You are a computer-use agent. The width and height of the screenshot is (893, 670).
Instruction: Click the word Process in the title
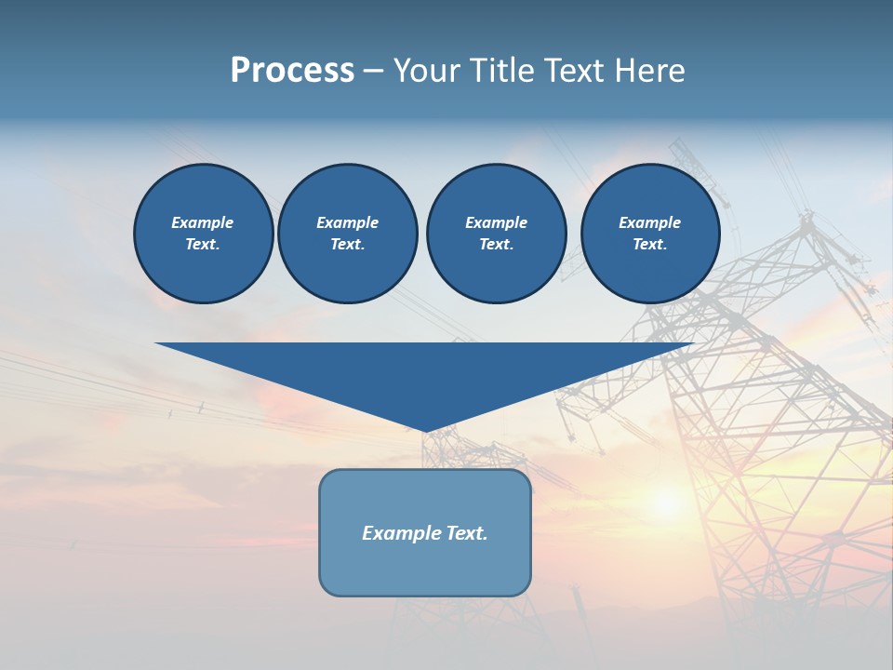292,71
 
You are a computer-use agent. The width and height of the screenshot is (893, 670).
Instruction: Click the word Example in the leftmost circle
203,222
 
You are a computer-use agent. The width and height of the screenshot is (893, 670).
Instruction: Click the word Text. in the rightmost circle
649,245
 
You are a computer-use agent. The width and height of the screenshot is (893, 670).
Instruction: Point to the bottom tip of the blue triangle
426,430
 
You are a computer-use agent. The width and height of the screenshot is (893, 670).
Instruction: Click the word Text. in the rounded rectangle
467,533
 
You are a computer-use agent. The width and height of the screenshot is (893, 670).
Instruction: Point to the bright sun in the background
666,503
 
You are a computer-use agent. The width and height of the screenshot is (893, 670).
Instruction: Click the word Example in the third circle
496,222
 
